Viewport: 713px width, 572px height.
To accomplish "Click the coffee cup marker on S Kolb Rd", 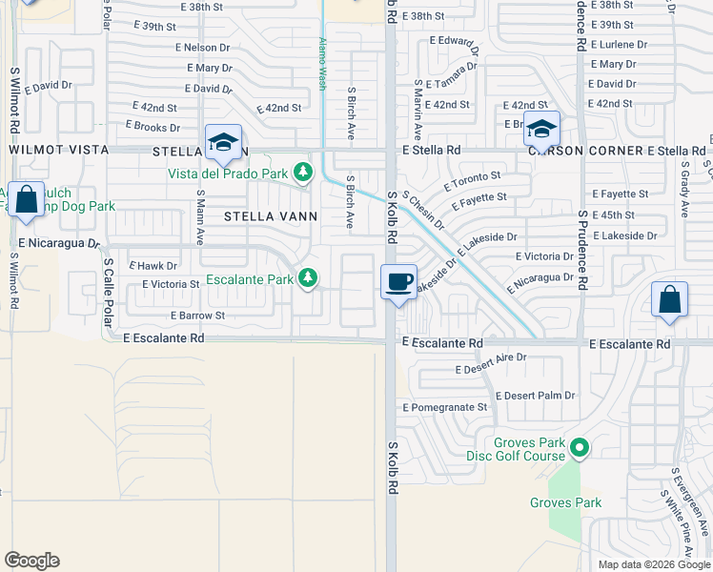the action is pos(399,281).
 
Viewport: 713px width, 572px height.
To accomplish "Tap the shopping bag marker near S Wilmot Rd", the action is pos(26,199).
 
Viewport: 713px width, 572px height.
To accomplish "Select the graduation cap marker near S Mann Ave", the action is pos(223,142).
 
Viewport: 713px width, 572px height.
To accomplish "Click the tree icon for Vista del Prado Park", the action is pos(303,173).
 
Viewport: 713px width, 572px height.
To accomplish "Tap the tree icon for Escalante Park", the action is pos(307,277).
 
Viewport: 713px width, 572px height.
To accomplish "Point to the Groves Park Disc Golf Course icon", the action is pos(579,446).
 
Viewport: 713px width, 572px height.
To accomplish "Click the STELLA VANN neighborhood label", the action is pos(256,216).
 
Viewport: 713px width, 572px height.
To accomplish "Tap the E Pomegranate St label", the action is pos(445,407).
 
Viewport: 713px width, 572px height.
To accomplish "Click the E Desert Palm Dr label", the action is pos(537,396).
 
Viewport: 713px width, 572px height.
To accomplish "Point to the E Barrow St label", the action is pos(197,316).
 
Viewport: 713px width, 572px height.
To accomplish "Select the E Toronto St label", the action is pos(472,182).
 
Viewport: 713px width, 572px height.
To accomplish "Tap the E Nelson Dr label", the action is pos(210,48).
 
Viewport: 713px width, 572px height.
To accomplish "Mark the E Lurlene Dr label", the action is pos(619,45).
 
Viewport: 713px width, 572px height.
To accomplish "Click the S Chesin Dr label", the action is pos(423,210).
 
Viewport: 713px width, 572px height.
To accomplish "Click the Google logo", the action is pos(31,561).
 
